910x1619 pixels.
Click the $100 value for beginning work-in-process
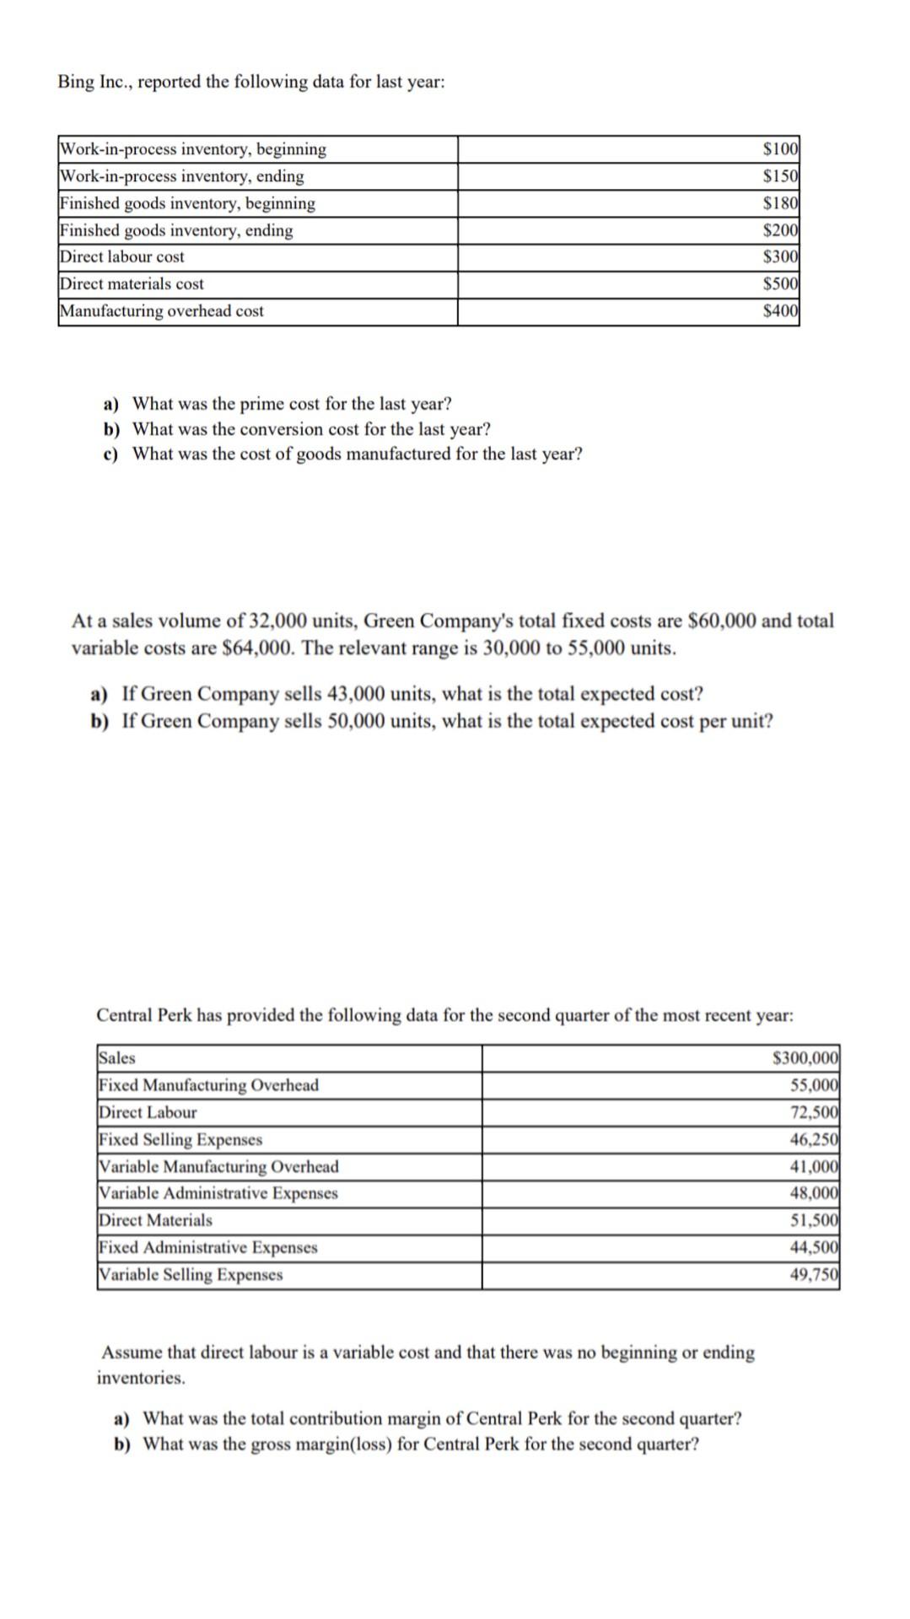pos(780,149)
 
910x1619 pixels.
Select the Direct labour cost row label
pos(122,257)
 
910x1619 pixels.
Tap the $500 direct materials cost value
pos(780,284)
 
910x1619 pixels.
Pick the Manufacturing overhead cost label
pos(161,311)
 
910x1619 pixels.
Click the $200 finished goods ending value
pos(780,230)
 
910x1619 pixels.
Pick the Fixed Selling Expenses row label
pos(180,1139)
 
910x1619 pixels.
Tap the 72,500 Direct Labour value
pos(814,1112)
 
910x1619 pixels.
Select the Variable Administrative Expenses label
pos(218,1193)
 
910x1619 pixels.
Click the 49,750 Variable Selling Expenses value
pos(814,1274)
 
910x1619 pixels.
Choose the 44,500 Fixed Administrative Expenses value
pos(814,1247)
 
